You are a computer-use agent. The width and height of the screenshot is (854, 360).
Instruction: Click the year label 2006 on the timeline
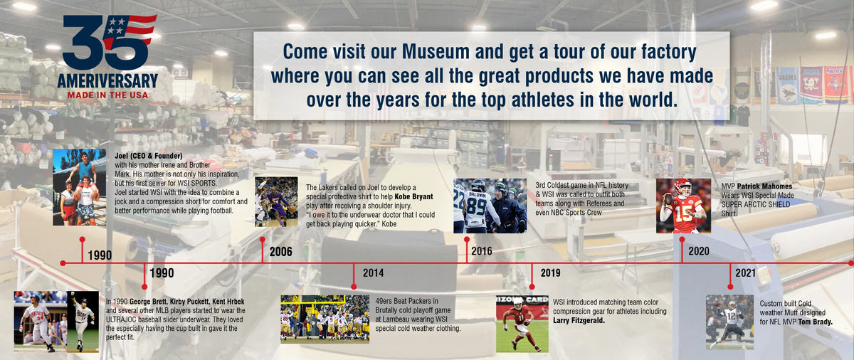(x=280, y=252)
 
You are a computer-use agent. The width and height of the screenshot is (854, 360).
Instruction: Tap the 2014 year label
(x=373, y=272)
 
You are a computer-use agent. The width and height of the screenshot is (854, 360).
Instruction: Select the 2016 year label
(x=482, y=251)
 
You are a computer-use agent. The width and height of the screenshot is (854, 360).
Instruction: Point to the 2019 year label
(x=551, y=272)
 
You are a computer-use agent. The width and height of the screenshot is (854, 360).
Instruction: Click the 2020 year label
(x=699, y=251)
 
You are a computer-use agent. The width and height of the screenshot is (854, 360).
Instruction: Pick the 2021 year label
(x=745, y=272)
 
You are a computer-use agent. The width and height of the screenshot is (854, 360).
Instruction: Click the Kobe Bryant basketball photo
(x=276, y=202)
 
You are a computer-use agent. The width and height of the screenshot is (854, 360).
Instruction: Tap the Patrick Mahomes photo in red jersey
(x=684, y=206)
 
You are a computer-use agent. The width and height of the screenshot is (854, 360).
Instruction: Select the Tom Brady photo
(x=729, y=322)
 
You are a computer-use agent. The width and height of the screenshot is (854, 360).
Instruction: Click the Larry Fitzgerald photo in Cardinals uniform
(x=522, y=324)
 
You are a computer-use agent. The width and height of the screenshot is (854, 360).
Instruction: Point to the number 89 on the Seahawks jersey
(x=477, y=208)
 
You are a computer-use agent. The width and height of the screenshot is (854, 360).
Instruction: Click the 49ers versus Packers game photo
(x=325, y=319)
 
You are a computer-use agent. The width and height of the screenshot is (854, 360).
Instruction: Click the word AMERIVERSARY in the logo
(x=108, y=81)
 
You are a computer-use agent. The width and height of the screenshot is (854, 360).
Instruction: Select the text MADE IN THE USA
(x=108, y=95)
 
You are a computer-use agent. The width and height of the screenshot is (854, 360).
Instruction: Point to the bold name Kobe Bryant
(x=413, y=197)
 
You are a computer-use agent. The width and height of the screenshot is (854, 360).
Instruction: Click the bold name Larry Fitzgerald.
(x=579, y=320)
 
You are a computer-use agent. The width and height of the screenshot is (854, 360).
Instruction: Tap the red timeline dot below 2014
(x=354, y=287)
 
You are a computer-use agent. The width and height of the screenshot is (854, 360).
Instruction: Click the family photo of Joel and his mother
(x=80, y=187)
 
